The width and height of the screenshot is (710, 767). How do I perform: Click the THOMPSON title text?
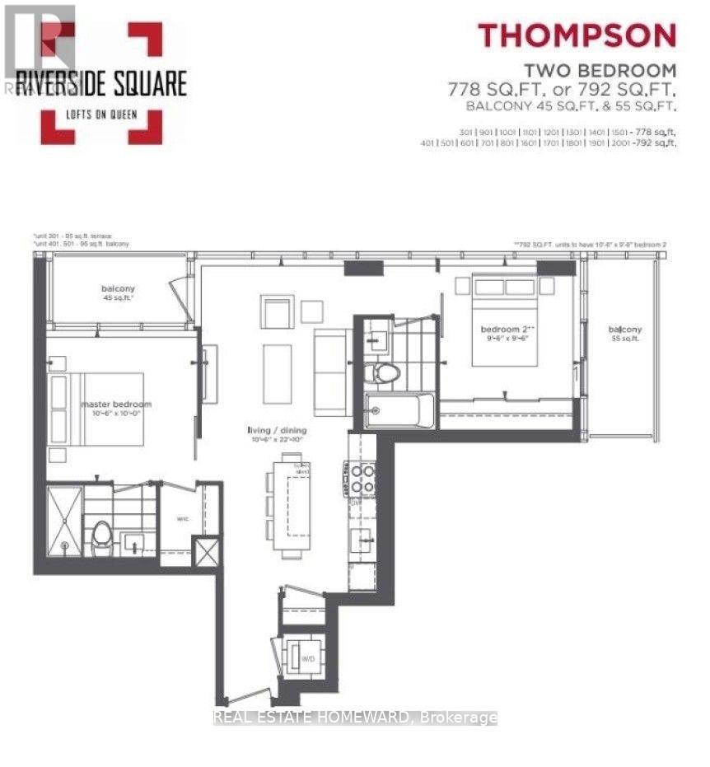point(577,35)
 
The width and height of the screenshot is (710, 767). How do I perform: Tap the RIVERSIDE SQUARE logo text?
point(103,83)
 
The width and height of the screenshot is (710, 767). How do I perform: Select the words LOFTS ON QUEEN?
point(103,115)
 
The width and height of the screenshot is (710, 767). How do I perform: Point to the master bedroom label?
point(115,405)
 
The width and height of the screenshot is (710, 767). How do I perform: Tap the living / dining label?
point(276,430)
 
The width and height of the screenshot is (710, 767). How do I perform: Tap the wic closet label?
point(185,518)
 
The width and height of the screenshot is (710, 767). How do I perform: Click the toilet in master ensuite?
point(101,534)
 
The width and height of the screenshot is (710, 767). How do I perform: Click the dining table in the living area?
point(294,509)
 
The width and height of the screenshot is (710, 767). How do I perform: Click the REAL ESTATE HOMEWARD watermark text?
point(355,718)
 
